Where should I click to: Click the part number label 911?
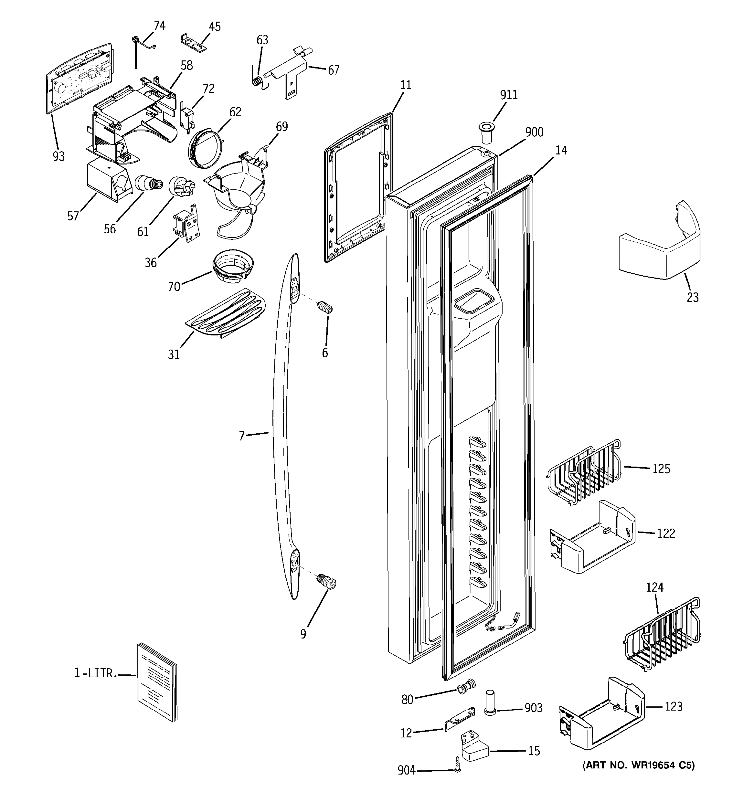pyautogui.click(x=509, y=95)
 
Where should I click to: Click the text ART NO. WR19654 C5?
pyautogui.click(x=638, y=765)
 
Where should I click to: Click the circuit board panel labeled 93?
pyautogui.click(x=79, y=78)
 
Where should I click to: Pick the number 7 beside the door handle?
pyautogui.click(x=241, y=436)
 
